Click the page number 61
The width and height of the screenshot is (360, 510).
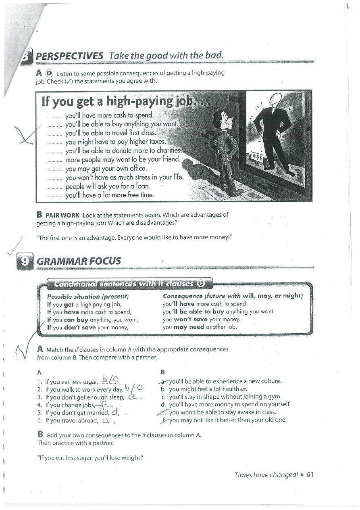click(310, 474)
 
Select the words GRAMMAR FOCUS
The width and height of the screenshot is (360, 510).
click(79, 261)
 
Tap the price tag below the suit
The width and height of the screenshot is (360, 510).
click(256, 157)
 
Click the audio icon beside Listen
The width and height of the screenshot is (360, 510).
click(49, 73)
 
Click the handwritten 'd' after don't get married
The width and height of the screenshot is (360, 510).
click(114, 412)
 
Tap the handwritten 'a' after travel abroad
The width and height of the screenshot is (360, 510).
click(106, 421)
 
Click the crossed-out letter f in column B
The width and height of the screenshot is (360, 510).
click(163, 420)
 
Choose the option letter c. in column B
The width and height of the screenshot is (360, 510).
click(163, 397)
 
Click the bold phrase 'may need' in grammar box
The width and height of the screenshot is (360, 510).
click(189, 327)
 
